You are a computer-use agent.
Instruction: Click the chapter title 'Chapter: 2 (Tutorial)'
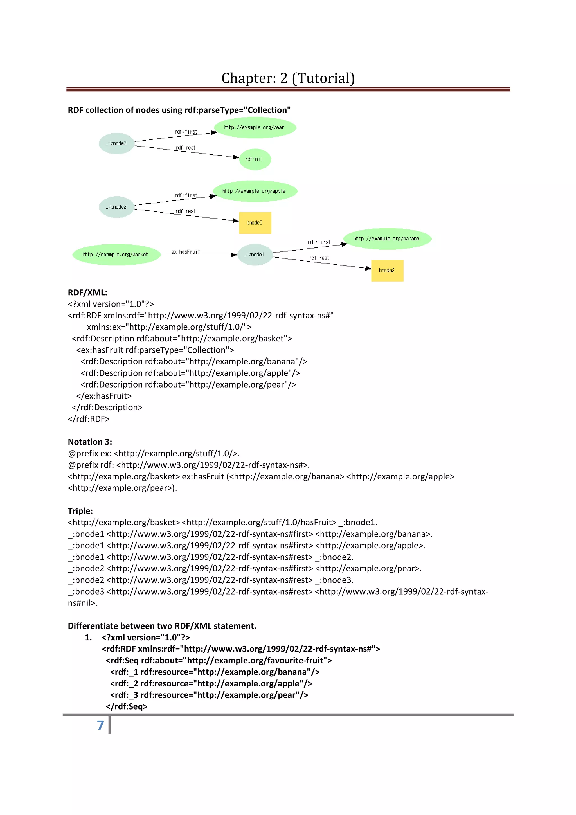[288, 78]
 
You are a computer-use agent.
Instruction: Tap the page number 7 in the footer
[100, 725]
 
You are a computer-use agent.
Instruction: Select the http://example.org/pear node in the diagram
[255, 127]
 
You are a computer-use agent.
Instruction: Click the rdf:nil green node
[255, 159]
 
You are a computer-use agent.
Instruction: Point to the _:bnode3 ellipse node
[116, 143]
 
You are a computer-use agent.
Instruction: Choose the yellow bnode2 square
[387, 271]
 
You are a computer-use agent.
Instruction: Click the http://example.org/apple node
[255, 191]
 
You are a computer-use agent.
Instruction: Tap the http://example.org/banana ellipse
[387, 238]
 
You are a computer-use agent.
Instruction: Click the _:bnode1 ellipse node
[255, 255]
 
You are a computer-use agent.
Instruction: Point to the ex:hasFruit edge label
[186, 252]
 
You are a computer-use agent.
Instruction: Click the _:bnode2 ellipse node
[116, 207]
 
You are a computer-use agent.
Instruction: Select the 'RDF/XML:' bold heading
[87, 292]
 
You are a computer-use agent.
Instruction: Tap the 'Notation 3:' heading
[90, 442]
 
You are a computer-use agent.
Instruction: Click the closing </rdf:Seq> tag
[126, 706]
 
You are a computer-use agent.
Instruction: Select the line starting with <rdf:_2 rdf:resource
[211, 683]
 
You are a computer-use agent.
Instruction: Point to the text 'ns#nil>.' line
[82, 603]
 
